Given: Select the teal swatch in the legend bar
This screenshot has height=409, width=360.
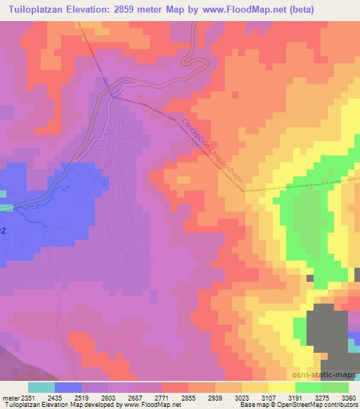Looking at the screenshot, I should pos(41,388).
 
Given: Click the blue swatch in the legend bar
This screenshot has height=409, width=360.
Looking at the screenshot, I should pos(68,388).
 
